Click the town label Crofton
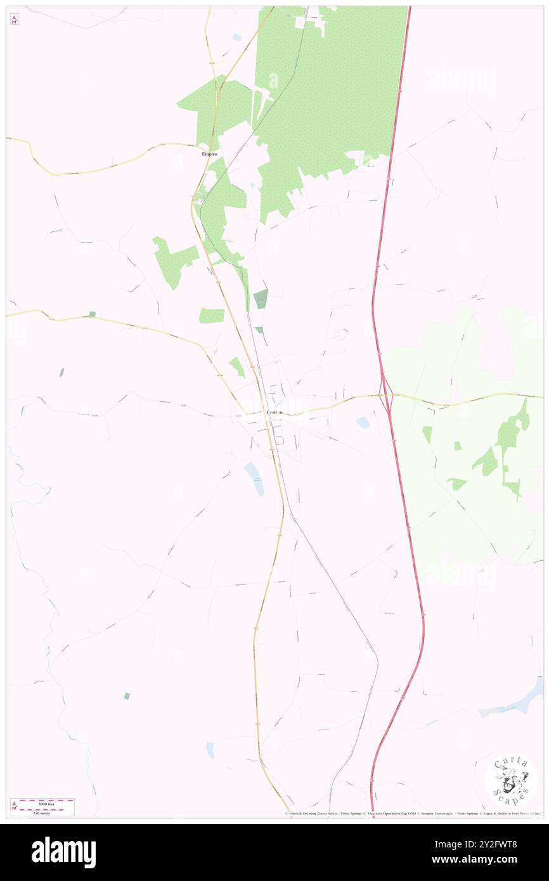click(x=274, y=413)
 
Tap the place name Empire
click(x=209, y=154)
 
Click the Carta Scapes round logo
click(x=511, y=780)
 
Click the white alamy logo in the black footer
click(x=63, y=852)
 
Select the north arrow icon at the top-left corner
click(x=14, y=20)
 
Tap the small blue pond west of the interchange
click(x=363, y=422)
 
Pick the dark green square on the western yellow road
click(x=93, y=314)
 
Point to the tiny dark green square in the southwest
click(x=127, y=696)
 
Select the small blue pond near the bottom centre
click(x=210, y=750)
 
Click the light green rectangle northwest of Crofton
click(x=212, y=315)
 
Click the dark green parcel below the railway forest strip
click(x=261, y=299)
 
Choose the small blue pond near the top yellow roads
click(x=236, y=37)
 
